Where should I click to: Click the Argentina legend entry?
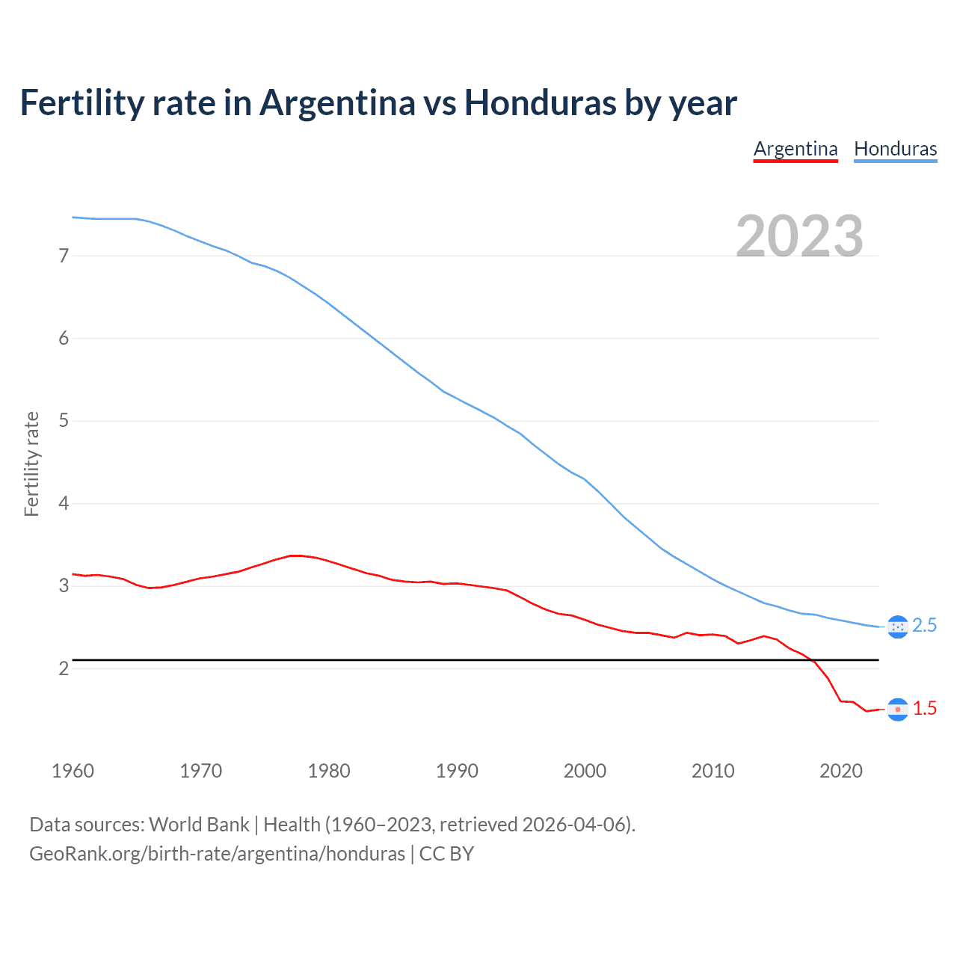(796, 149)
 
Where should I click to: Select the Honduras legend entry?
(895, 149)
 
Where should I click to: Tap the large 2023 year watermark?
(799, 236)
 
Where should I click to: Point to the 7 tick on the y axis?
(64, 256)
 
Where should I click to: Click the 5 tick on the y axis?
(64, 421)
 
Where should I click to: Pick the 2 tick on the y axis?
(64, 668)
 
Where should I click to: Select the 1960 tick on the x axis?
(73, 771)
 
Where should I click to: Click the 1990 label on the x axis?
(457, 771)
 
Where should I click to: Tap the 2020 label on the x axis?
(841, 771)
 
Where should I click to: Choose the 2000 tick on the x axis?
(585, 771)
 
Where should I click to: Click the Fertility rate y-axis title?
(31, 464)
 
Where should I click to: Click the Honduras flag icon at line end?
(897, 627)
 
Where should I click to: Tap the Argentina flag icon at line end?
(897, 709)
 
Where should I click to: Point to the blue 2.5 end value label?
(925, 626)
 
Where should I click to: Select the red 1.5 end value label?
(925, 709)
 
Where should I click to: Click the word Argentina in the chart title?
(337, 102)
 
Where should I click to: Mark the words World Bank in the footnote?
(199, 825)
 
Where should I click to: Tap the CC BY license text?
(446, 854)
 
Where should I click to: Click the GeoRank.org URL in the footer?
(217, 854)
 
